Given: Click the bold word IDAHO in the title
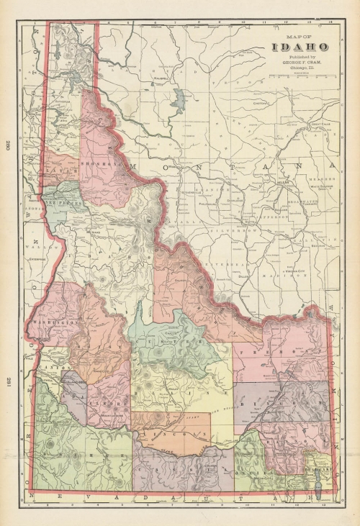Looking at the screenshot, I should pos(301,47).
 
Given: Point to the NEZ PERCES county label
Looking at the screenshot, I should pos(58,204).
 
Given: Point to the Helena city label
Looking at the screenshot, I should pos(279,183).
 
